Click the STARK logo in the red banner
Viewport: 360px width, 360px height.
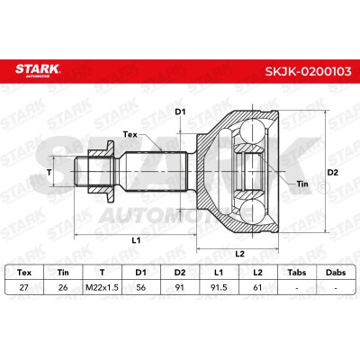(x=38, y=70)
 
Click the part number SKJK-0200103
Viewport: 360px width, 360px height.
(x=308, y=71)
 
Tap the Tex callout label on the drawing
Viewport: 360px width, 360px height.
(x=130, y=134)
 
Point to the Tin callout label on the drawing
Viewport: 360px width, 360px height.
(x=302, y=184)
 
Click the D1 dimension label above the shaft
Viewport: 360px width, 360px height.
(x=180, y=112)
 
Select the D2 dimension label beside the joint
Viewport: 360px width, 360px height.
(x=332, y=173)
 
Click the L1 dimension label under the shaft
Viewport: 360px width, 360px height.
(x=136, y=240)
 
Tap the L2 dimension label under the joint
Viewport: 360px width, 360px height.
(x=239, y=254)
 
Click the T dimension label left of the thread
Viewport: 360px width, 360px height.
(x=49, y=172)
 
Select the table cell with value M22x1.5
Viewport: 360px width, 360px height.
(x=102, y=287)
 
